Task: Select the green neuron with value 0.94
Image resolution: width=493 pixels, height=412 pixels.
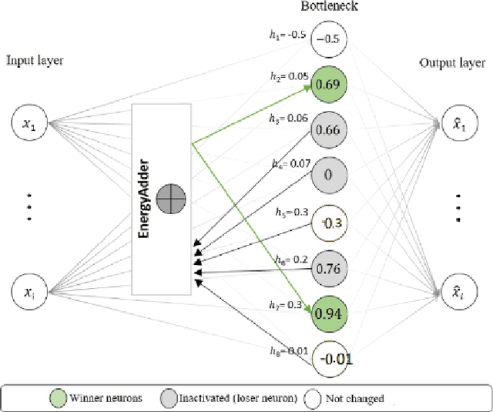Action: (329, 313)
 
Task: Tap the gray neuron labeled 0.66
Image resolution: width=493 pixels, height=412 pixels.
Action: (329, 129)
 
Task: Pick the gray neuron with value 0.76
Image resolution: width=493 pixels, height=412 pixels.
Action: (329, 268)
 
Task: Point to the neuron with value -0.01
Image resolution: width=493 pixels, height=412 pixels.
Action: (329, 357)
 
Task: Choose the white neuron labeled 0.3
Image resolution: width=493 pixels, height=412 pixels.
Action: (329, 222)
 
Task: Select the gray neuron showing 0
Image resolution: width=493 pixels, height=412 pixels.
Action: (329, 176)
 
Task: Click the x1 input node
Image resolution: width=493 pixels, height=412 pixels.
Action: (30, 126)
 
